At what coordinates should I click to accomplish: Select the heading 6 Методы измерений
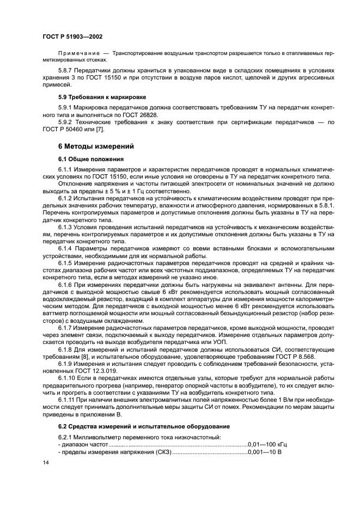(x=95, y=146)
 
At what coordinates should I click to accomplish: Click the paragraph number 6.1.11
(x=68, y=400)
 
